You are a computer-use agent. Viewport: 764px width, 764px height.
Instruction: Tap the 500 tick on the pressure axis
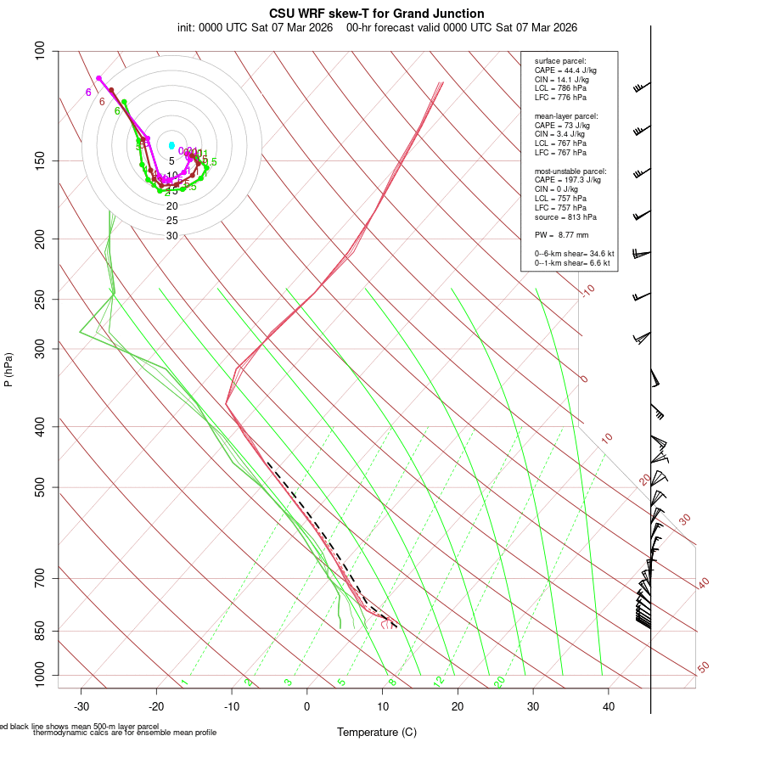point(39,487)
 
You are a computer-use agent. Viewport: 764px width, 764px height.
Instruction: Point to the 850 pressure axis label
point(39,631)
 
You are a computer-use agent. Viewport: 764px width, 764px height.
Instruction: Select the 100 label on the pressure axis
point(39,51)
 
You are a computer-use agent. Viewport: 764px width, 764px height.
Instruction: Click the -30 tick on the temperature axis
point(81,706)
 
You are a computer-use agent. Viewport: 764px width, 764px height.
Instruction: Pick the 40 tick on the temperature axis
point(609,706)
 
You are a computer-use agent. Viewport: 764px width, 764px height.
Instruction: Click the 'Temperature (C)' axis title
point(377,732)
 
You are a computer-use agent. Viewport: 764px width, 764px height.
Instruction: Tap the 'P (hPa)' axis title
point(8,369)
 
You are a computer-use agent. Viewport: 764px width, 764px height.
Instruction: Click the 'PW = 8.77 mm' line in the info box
point(561,234)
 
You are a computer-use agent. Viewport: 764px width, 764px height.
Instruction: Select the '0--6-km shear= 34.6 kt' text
point(574,254)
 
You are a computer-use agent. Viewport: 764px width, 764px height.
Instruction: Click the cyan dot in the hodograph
point(171,146)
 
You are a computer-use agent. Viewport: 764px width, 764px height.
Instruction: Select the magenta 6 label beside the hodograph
point(88,93)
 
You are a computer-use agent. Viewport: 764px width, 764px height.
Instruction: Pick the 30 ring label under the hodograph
point(171,236)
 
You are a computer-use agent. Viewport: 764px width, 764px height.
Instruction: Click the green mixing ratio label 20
point(499,682)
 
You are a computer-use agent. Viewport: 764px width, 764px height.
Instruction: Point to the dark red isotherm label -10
point(587,291)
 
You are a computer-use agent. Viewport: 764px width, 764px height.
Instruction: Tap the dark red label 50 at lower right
point(703,668)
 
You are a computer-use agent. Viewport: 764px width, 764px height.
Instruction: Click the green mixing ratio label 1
point(184,683)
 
